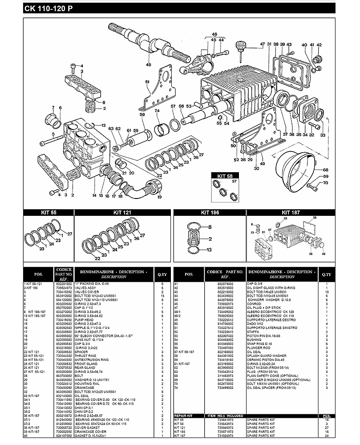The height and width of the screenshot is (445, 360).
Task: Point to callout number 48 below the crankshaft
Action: [x=148, y=65]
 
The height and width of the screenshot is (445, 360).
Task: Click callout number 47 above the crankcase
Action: [x=263, y=44]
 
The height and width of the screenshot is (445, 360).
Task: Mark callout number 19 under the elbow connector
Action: [x=159, y=197]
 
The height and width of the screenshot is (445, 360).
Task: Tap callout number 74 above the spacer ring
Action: [x=157, y=111]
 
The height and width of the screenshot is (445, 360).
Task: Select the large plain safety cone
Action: [x=297, y=167]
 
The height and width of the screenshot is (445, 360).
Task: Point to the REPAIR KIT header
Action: [x=183, y=416]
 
